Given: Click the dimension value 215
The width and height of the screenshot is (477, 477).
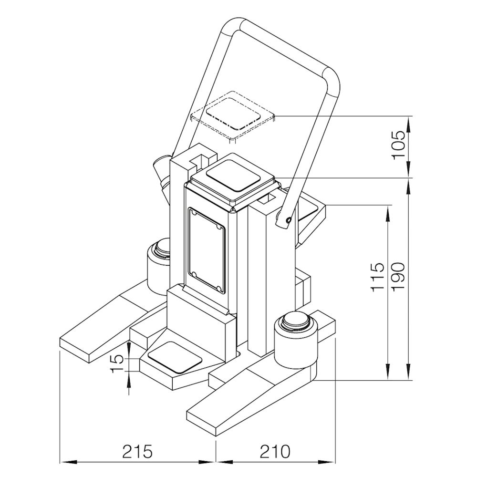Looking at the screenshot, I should [x=138, y=451].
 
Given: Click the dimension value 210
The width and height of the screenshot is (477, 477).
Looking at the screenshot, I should [x=275, y=451].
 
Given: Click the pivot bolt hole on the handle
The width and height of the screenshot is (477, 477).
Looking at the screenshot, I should [x=288, y=220].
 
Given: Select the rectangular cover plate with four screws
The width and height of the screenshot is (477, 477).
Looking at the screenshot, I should [x=206, y=250].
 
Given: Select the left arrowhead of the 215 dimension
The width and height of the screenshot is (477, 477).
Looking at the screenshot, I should [x=64, y=461].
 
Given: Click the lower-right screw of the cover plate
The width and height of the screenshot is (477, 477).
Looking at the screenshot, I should [x=218, y=289].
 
